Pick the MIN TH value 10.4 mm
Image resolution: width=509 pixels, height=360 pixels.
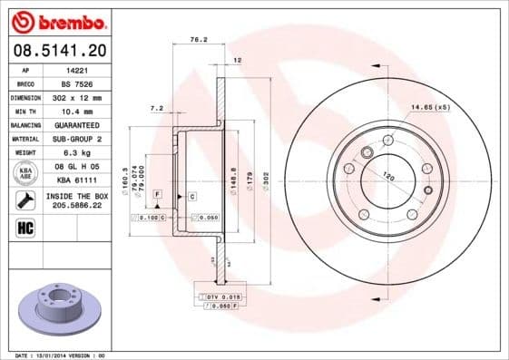pos(75,110)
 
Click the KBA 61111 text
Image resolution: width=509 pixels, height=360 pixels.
pos(77,180)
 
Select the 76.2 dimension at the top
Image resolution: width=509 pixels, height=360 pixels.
pos(194,40)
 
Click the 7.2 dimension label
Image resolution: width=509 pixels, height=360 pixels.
pos(155,108)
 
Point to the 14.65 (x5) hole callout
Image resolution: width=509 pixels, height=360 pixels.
pos(430,108)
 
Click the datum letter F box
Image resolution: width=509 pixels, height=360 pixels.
pos(157,195)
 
